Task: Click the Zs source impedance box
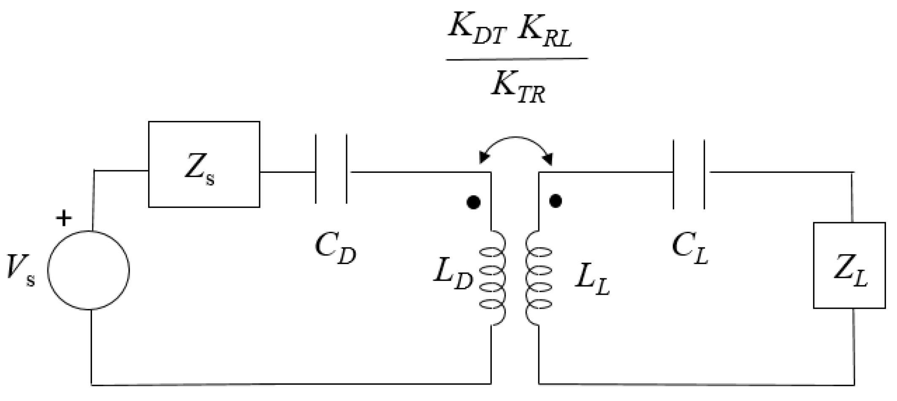pos(204,164)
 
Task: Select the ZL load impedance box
pos(849,265)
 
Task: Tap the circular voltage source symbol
pos(89,270)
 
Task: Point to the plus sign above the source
pos(64,218)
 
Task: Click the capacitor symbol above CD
pos(331,169)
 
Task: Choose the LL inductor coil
pos(539,278)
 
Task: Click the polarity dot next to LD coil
pos(473,202)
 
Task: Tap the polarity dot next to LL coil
pos(556,201)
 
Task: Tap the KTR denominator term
pos(518,88)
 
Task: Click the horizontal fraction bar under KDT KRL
pos(517,59)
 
